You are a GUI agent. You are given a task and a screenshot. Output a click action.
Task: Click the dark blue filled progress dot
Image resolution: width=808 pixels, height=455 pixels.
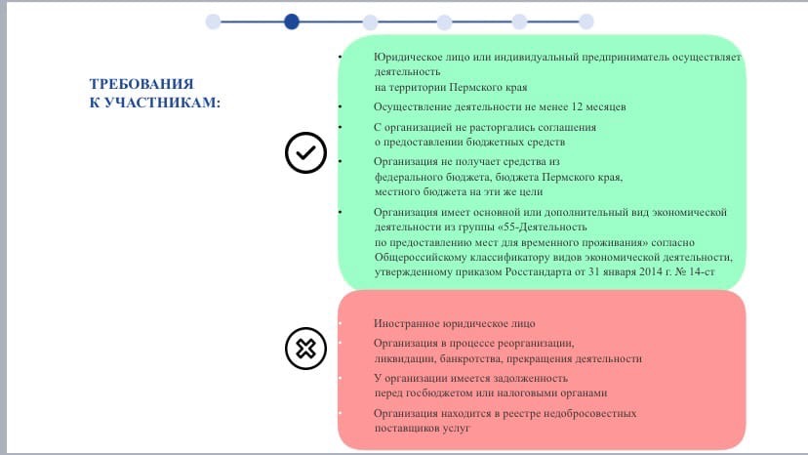tap(292, 21)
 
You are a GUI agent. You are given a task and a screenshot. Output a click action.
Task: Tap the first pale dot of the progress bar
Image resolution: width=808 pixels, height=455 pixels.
tap(213, 21)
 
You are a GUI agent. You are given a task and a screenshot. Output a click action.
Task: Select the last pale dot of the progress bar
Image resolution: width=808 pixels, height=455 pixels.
tap(586, 21)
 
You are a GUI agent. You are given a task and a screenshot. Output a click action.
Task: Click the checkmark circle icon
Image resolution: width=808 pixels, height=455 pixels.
tap(305, 152)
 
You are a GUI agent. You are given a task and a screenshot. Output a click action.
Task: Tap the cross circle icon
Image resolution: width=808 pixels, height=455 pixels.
tap(305, 349)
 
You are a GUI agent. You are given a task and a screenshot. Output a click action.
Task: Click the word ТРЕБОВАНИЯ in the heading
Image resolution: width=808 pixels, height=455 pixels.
tap(141, 84)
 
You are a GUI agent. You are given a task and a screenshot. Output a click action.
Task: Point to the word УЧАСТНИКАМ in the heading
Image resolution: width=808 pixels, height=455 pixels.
tap(161, 103)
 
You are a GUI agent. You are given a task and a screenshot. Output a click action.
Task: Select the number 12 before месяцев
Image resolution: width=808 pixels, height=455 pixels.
tap(577, 106)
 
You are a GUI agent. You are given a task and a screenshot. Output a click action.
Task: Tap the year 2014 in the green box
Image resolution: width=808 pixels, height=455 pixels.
tap(650, 271)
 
